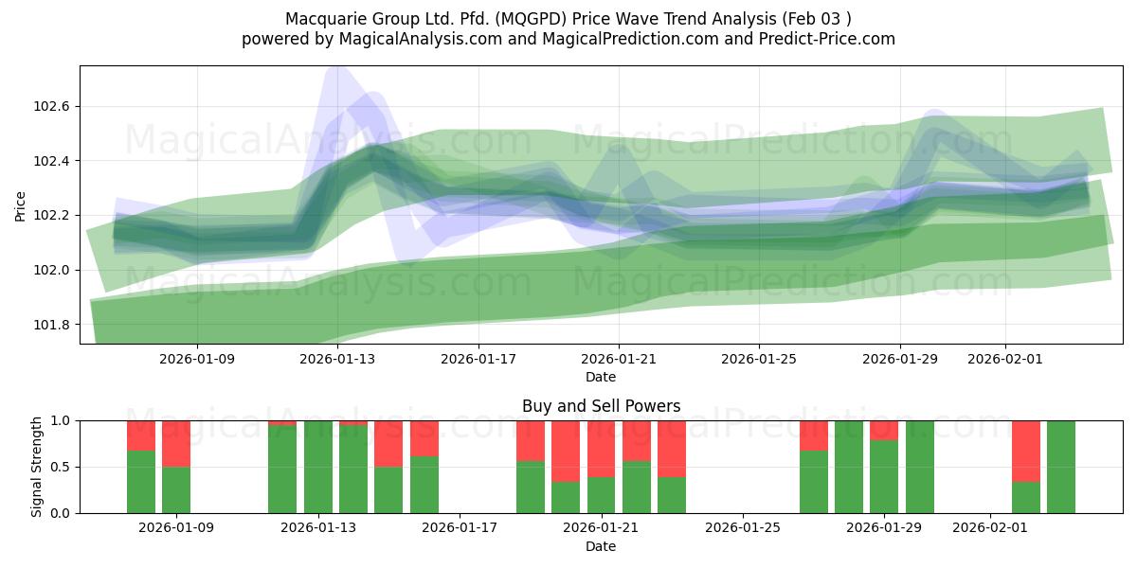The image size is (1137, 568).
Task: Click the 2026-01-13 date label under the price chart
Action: click(x=337, y=360)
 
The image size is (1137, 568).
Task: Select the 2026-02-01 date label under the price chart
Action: click(x=1004, y=360)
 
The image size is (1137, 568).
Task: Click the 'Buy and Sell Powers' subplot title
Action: click(x=601, y=406)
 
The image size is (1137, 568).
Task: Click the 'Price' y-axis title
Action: click(x=22, y=205)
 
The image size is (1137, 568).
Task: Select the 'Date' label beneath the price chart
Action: click(x=601, y=377)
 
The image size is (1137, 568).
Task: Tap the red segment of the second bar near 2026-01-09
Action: click(x=176, y=443)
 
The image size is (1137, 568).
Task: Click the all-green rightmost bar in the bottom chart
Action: click(x=1061, y=467)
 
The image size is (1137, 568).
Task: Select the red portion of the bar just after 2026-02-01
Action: click(x=1026, y=451)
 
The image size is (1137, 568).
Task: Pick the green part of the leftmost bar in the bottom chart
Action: click(x=141, y=482)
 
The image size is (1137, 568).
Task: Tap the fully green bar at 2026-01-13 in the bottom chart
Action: click(x=318, y=467)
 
